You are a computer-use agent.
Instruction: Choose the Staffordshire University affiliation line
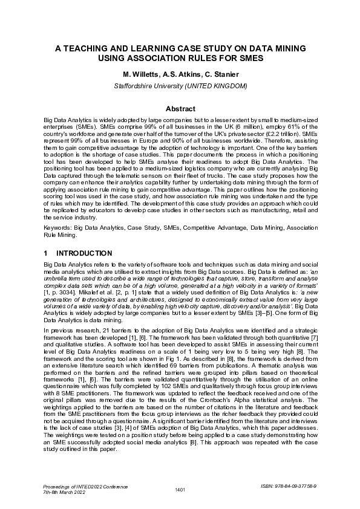(180, 86)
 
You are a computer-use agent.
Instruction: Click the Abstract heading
(180, 109)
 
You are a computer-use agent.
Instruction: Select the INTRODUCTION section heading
(83, 253)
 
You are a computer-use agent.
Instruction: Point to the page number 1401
(179, 489)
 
